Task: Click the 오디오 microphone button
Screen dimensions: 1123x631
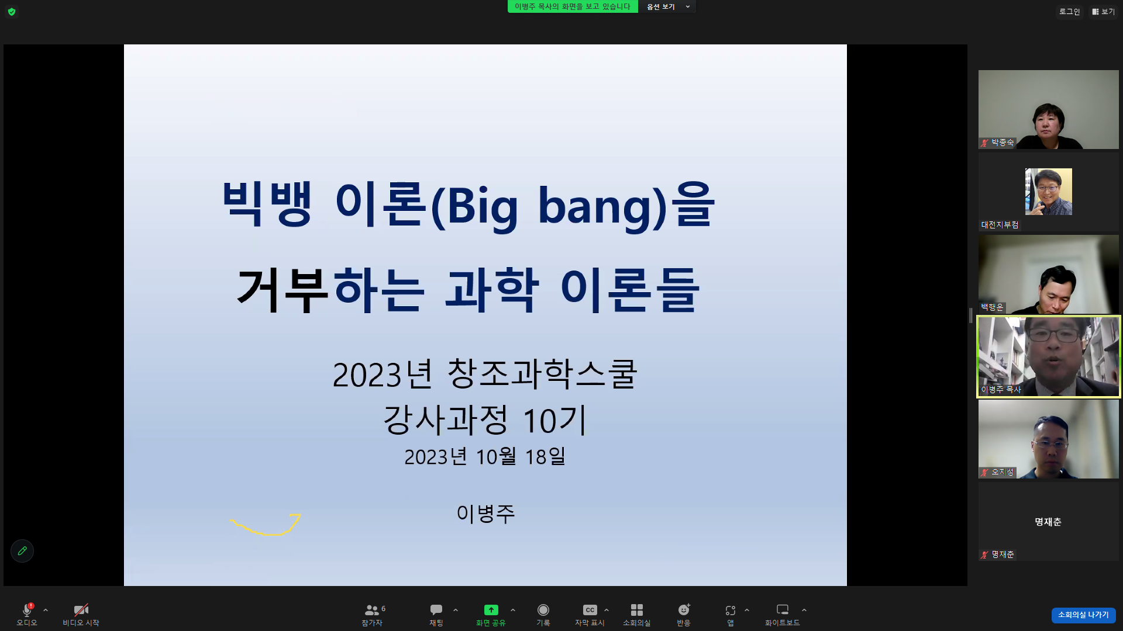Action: coord(27,610)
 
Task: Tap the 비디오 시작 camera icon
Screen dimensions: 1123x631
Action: coord(81,610)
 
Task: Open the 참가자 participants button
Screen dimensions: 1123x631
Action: coord(372,610)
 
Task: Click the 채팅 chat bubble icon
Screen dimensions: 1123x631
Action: coord(436,610)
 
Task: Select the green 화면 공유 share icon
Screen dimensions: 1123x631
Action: coord(491,610)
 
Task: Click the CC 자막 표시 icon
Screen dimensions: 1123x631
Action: coord(590,610)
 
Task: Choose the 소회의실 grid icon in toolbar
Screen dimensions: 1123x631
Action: coord(637,610)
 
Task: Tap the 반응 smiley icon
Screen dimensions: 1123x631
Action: coord(684,610)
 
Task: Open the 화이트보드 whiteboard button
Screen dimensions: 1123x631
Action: coord(783,610)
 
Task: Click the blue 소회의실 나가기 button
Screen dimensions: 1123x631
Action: coord(1083,615)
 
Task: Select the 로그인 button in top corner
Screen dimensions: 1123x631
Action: coord(1069,12)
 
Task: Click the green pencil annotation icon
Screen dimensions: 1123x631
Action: coord(22,551)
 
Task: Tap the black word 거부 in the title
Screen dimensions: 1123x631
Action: coord(283,290)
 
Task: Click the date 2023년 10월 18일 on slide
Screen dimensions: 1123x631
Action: coord(485,456)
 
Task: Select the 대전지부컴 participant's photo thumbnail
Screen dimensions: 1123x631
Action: coord(1049,192)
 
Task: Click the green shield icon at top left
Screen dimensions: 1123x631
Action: coord(12,12)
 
